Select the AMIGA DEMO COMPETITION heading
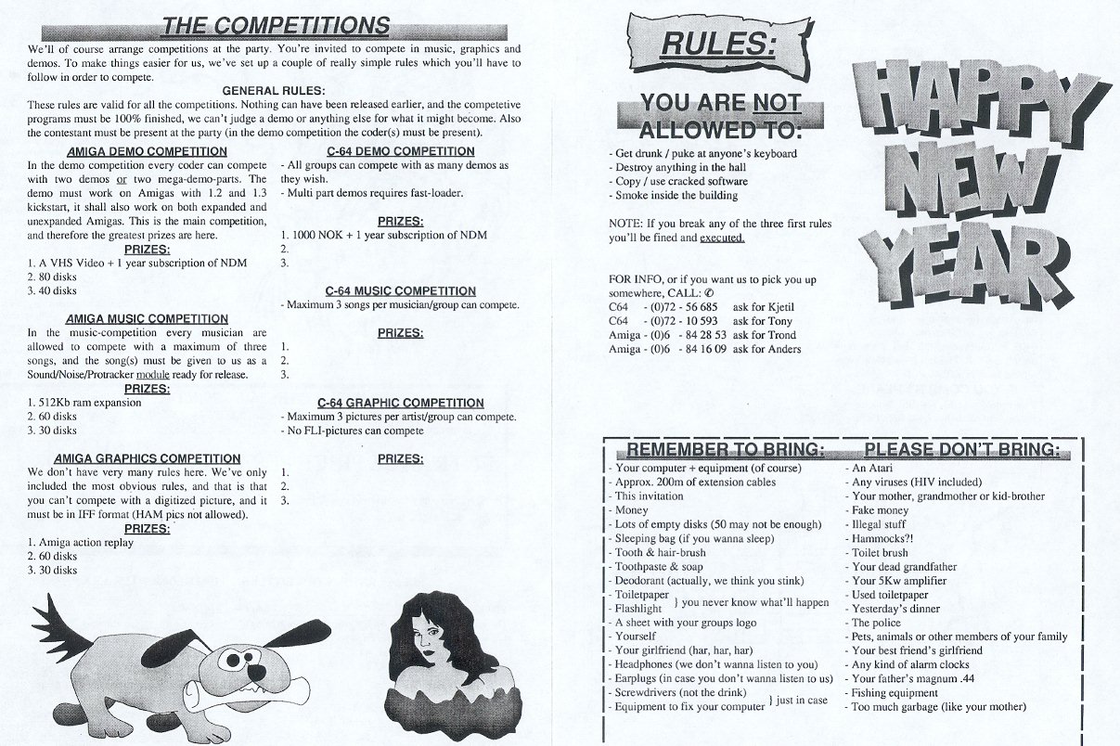tap(141, 151)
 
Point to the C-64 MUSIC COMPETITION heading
tap(401, 291)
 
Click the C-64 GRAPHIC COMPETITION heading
tap(401, 403)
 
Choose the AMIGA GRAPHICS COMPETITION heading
tap(148, 458)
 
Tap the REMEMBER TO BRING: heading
tap(726, 451)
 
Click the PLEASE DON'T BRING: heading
tap(961, 451)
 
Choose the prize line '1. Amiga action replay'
tap(81, 543)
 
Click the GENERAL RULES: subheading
tap(274, 90)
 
